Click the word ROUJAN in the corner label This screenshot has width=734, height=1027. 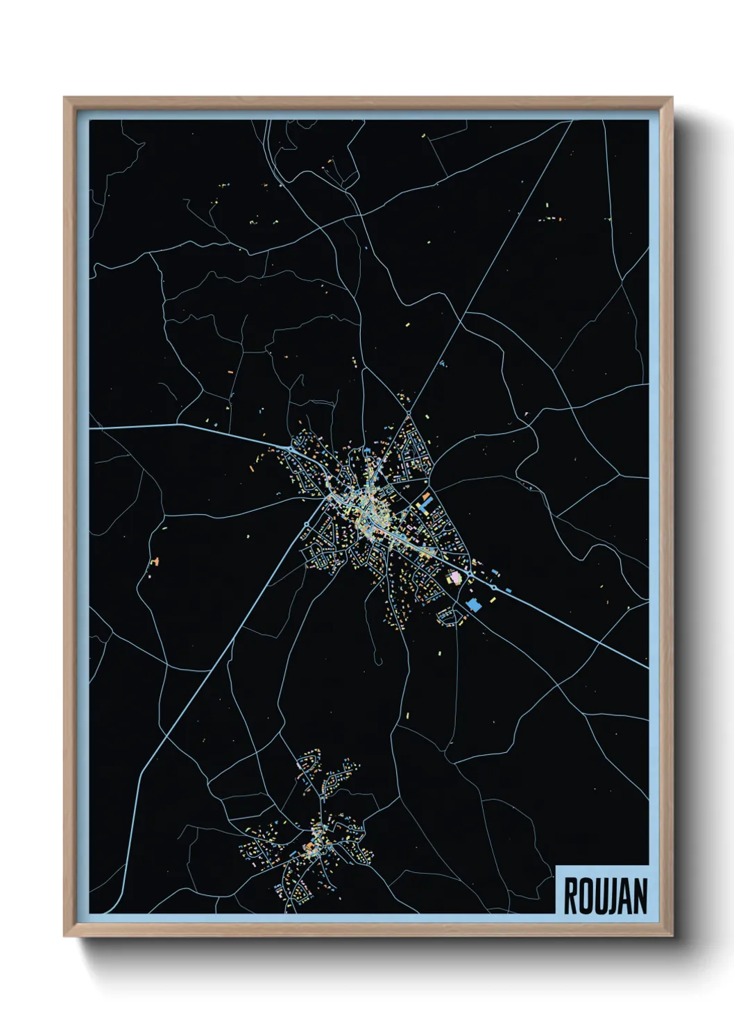click(605, 896)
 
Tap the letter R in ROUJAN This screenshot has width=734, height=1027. click(571, 896)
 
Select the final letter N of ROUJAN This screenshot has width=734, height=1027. click(640, 896)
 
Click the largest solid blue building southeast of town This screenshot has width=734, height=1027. click(475, 604)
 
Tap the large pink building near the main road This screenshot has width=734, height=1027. click(455, 577)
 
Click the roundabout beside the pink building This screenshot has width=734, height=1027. click(470, 575)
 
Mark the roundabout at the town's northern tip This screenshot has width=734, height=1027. click(409, 414)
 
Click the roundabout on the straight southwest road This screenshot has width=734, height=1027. click(307, 523)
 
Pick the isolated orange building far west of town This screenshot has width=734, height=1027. click(156, 560)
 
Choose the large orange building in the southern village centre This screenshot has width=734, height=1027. click(310, 847)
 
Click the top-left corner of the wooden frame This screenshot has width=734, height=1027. click(65, 98)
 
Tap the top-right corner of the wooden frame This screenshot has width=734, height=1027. click(673, 98)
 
